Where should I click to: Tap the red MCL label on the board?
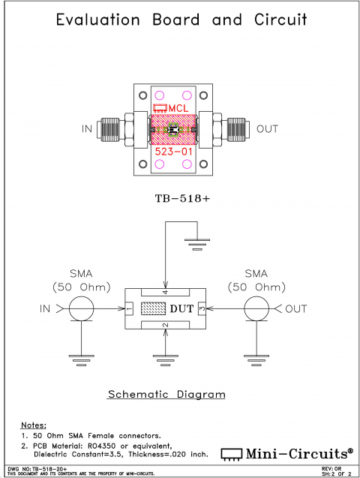click(178, 109)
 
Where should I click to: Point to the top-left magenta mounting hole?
click(159, 95)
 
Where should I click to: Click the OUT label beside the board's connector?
click(267, 129)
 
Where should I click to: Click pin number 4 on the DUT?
click(166, 292)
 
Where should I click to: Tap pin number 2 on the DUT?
click(166, 325)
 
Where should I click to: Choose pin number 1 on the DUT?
click(129, 308)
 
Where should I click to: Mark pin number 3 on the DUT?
click(202, 308)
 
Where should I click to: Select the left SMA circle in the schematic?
click(82, 308)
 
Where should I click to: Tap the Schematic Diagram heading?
click(166, 394)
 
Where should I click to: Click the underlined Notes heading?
click(34, 425)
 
